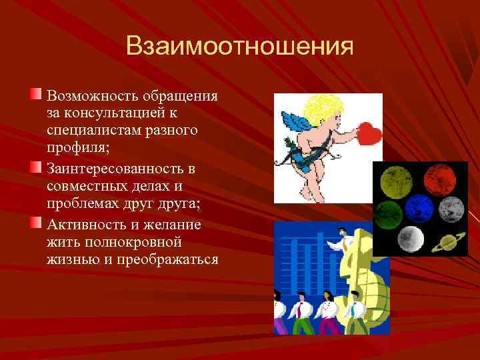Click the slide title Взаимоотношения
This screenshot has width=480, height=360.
coord(239,47)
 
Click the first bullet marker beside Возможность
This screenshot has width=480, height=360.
coord(37,92)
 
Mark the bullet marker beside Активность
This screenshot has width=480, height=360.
coord(37,221)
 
